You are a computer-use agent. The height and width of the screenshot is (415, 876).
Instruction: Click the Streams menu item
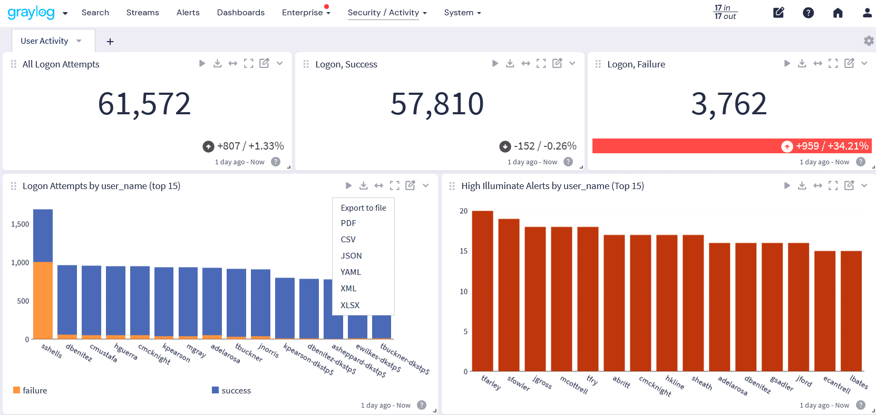[142, 13]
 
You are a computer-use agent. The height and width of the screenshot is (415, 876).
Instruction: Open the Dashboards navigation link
[240, 13]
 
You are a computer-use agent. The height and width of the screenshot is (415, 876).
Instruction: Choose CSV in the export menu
[348, 239]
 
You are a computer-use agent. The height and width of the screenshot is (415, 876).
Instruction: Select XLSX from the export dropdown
[350, 305]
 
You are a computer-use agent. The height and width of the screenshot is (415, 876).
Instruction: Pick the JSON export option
[351, 255]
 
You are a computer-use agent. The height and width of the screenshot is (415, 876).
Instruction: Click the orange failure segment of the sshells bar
[43, 300]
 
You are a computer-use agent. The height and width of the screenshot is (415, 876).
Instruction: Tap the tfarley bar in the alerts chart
[482, 291]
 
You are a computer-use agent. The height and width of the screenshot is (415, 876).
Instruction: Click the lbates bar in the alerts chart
[851, 311]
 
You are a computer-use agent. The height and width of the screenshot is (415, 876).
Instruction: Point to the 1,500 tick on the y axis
[20, 224]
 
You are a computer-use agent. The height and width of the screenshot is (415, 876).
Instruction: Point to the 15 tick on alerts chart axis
[463, 251]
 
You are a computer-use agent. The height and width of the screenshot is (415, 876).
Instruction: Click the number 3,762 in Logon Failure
[728, 104]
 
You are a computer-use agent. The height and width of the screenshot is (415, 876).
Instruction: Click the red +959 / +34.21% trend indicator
[825, 146]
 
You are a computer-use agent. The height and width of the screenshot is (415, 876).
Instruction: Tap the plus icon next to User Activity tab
[110, 42]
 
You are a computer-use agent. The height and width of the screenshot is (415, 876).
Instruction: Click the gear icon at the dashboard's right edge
[869, 41]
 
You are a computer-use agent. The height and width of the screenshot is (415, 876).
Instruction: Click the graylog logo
[31, 13]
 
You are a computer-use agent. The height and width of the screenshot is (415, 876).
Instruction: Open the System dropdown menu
[462, 13]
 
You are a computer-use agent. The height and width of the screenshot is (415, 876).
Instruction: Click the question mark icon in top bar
[808, 13]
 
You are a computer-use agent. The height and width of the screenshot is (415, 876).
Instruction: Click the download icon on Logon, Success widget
[510, 64]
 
